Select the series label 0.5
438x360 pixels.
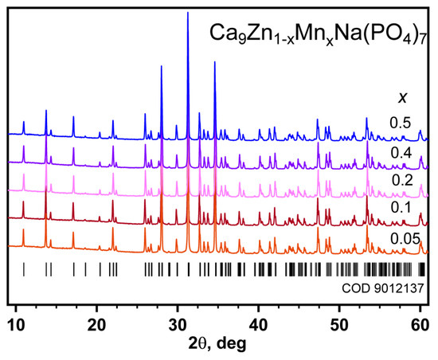(x=401, y=123)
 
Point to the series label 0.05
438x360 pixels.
(x=404, y=239)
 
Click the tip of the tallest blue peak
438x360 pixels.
(x=188, y=13)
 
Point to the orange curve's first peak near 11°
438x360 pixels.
(x=24, y=234)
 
